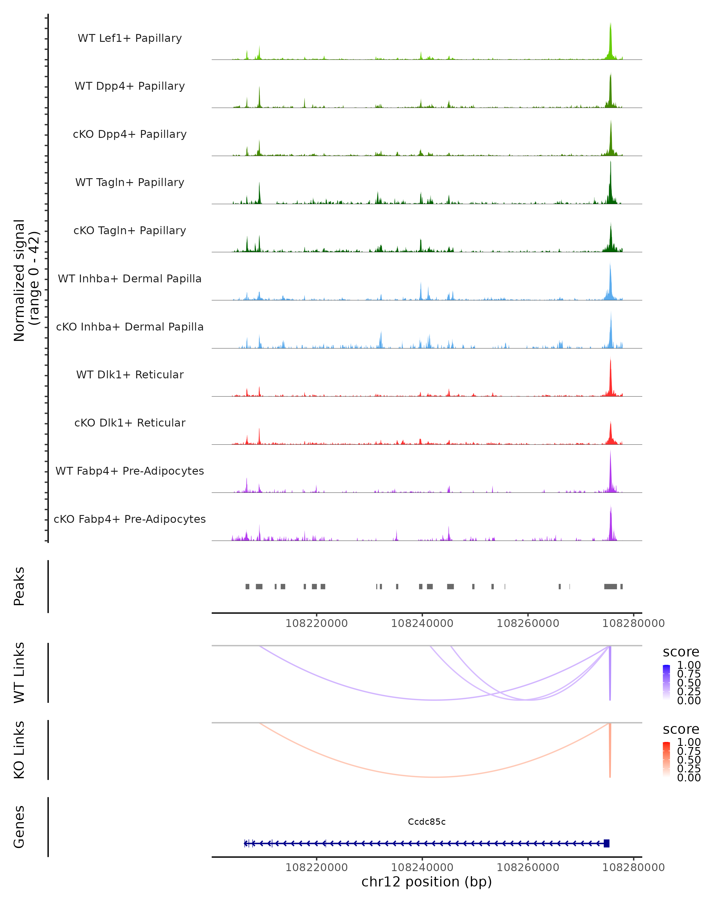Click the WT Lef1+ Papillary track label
pos(130,38)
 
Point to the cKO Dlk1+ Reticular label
pos(130,423)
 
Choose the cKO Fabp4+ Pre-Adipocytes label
pos(130,519)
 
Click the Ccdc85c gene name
pos(427,822)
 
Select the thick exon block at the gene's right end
pos(606,843)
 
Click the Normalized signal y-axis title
pos(26,280)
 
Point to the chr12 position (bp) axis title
pos(427,882)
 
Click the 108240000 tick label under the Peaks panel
pos(422,623)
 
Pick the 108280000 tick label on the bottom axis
pos(633,867)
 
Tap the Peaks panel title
pos(19,586)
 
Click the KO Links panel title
pos(19,750)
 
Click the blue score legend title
pos(680,652)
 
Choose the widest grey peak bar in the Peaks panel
pos(610,586)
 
